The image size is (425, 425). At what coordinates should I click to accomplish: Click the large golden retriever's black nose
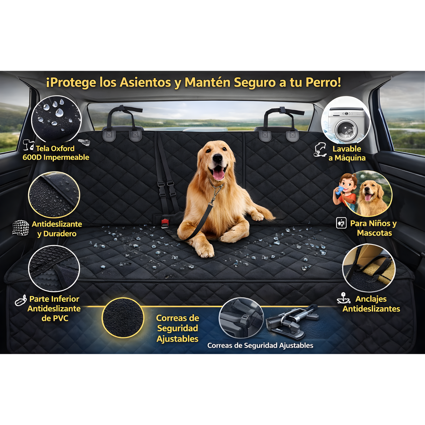[x=218, y=158]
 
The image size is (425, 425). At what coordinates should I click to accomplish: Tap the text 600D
[x=32, y=157]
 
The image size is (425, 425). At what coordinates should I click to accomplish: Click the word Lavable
[x=347, y=149]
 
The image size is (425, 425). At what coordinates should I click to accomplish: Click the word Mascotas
[x=374, y=233]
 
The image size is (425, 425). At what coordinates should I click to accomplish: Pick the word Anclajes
[x=371, y=299]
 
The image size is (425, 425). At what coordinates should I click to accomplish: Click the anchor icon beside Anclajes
[x=344, y=298]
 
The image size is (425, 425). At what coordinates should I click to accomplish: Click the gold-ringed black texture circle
[x=123, y=318]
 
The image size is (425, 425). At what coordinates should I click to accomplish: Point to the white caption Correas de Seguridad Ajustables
[x=260, y=345]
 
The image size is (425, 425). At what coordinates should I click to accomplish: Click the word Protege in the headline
[x=72, y=82]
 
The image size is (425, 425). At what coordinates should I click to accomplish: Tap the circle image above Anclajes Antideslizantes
[x=369, y=268]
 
